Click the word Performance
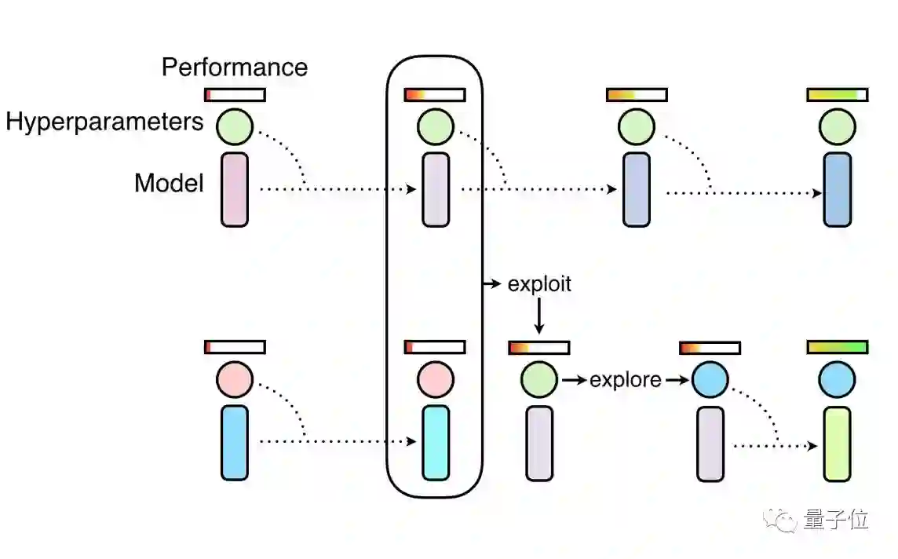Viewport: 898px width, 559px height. click(234, 67)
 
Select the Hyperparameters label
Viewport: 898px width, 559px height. click(104, 122)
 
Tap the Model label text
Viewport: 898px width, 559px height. click(169, 183)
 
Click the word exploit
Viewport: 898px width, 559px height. click(539, 283)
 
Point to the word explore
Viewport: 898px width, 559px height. click(625, 380)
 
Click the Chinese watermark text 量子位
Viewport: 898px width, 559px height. click(836, 519)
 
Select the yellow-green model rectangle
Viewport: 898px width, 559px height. click(837, 444)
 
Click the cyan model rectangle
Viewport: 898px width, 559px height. click(436, 443)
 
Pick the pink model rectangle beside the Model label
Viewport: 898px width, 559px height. click(234, 189)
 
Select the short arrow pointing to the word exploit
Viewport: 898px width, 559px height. click(492, 283)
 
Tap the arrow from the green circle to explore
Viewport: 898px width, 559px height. click(575, 381)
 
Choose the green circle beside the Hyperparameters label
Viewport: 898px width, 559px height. click(234, 126)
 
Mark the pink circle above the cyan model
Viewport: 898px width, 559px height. click(436, 380)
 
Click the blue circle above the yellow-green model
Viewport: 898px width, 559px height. click(837, 380)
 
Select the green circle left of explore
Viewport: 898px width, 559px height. click(538, 380)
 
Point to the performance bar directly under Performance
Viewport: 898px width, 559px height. click(235, 95)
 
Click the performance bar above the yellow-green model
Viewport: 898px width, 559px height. click(837, 347)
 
